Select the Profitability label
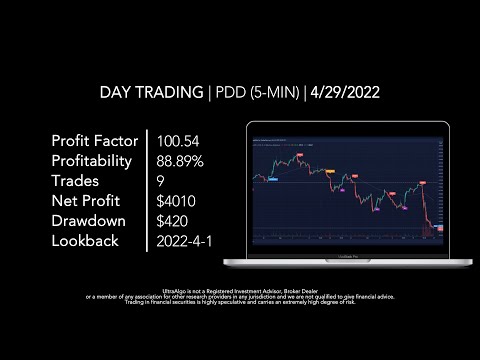[95, 160]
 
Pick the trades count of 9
[161, 180]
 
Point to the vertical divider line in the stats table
[146, 190]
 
